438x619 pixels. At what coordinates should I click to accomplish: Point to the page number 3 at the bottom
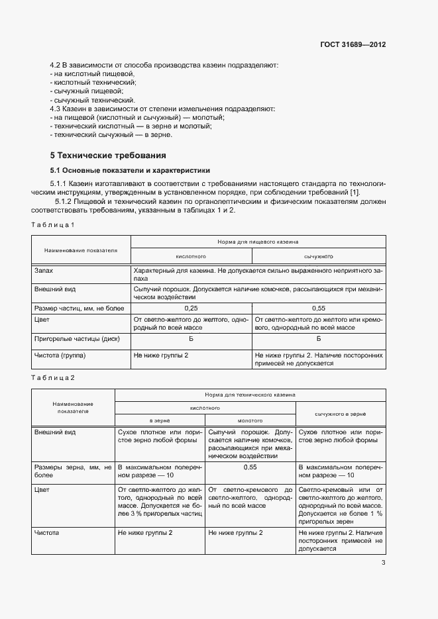tap(383, 563)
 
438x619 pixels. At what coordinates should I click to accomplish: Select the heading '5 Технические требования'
tap(108, 156)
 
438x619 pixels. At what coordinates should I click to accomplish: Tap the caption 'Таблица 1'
tap(53, 225)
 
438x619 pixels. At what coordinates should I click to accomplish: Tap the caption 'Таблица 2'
tap(53, 377)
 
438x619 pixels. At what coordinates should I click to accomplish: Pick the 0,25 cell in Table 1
tap(191, 309)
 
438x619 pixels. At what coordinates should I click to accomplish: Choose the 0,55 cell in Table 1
tap(318, 309)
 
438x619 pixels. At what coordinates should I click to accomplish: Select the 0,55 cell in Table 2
tap(250, 467)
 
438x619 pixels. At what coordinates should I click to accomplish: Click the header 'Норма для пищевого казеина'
tap(257, 242)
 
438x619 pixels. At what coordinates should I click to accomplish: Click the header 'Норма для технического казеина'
tap(250, 394)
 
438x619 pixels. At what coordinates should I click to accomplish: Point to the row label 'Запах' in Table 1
tap(43, 271)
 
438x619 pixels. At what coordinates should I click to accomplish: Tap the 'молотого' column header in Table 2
tap(250, 420)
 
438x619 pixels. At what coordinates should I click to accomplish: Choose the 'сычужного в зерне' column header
tap(341, 413)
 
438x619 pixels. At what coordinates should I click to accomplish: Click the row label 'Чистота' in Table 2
tap(47, 532)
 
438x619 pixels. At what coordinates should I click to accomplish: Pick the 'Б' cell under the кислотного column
tap(191, 339)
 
